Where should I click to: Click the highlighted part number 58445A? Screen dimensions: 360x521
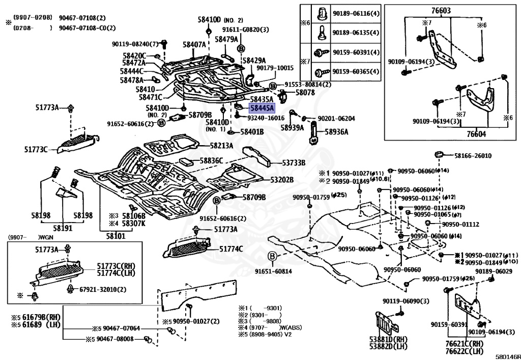coord(262,108)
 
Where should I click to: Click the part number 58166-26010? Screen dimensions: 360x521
coord(473,156)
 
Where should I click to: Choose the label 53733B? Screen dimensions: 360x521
coord(294,163)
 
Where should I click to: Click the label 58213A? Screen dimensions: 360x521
coord(221,146)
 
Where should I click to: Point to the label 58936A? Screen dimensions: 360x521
coord(336,132)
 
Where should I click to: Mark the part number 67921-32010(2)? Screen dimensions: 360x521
coord(103,289)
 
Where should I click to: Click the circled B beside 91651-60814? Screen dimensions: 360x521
coord(272,256)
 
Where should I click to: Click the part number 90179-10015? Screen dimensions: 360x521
coord(275,68)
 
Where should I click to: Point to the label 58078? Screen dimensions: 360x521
coord(305,93)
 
